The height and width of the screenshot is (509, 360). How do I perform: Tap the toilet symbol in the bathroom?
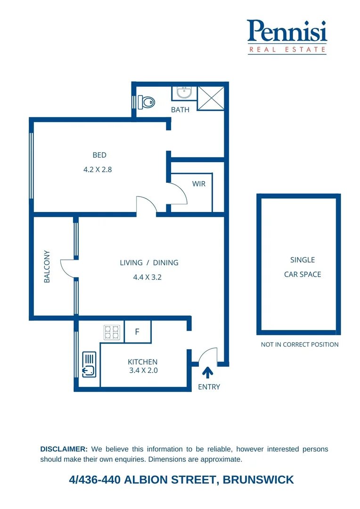point(147,101)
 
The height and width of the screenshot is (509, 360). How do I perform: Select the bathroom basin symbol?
point(184,92)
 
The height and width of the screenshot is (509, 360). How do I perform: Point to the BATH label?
point(180,110)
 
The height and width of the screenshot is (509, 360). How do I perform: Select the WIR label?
point(199,184)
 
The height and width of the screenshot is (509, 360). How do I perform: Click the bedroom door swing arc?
point(146,205)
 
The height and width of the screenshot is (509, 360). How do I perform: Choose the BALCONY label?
point(47,266)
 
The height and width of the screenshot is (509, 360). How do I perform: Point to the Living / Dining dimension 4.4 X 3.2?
point(147,277)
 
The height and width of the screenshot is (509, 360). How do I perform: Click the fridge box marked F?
point(137,332)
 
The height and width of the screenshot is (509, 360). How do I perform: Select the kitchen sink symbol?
point(89,365)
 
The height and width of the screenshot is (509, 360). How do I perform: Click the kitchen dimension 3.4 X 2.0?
point(143,370)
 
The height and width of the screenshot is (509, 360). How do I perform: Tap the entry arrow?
point(207,373)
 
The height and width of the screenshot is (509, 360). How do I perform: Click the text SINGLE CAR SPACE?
point(302,267)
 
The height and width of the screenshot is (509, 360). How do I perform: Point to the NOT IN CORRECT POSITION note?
point(300,345)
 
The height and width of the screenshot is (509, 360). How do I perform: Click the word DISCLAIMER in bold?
point(64,449)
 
